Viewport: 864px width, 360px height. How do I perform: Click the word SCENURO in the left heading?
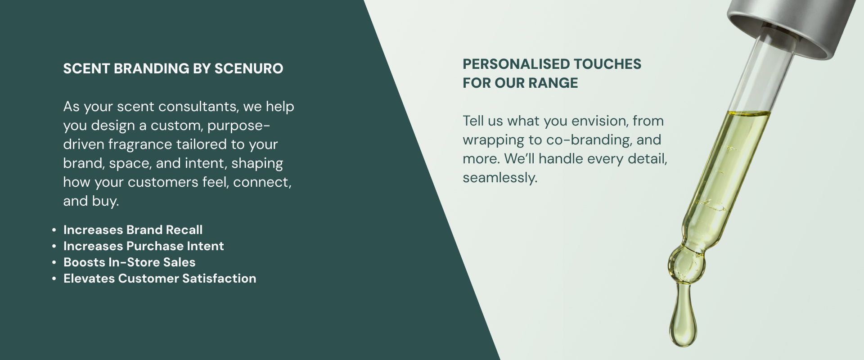249,68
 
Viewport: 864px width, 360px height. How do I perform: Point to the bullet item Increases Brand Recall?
133,230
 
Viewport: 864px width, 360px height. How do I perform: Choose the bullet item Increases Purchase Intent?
144,246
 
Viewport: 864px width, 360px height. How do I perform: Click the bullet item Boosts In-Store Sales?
130,262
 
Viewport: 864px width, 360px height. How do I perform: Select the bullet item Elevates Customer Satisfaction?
160,279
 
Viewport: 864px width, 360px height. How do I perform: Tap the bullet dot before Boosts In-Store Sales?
54,262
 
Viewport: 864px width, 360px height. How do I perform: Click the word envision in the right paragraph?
596,121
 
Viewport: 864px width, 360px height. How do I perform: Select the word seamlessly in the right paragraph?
500,178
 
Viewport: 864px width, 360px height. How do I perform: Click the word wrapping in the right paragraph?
493,140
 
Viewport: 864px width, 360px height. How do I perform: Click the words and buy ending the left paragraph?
91,201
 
